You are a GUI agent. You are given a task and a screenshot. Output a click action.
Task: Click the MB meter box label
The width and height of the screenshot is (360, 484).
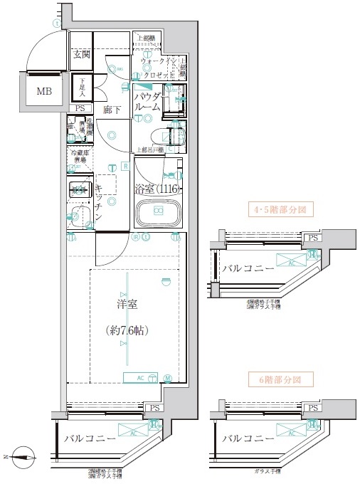[44, 90]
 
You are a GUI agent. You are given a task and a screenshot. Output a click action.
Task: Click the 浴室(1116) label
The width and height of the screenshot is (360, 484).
[157, 189]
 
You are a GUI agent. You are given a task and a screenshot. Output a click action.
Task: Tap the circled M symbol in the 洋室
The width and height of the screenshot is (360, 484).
[168, 378]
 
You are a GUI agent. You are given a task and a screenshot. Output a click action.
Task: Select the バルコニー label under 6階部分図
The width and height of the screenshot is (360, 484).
[248, 438]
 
